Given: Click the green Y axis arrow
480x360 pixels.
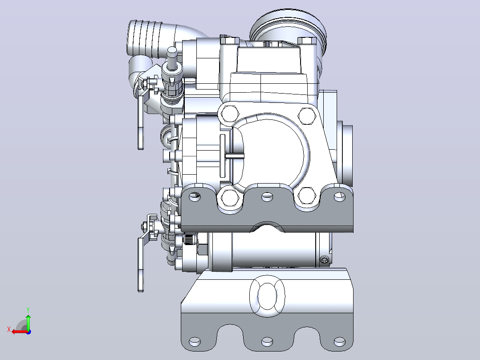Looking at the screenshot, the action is click(28, 322).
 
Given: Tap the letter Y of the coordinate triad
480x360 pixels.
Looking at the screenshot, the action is click(28, 310).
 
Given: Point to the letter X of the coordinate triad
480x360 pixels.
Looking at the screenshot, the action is click(9, 329).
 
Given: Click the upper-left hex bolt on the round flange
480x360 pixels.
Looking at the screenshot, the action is click(229, 114).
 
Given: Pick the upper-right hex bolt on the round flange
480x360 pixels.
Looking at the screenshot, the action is click(307, 115).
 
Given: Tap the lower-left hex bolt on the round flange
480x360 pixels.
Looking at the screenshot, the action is click(229, 198).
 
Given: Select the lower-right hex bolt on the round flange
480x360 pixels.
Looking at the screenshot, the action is click(307, 196).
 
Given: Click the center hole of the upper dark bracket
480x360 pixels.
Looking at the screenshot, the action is click(267, 196).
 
